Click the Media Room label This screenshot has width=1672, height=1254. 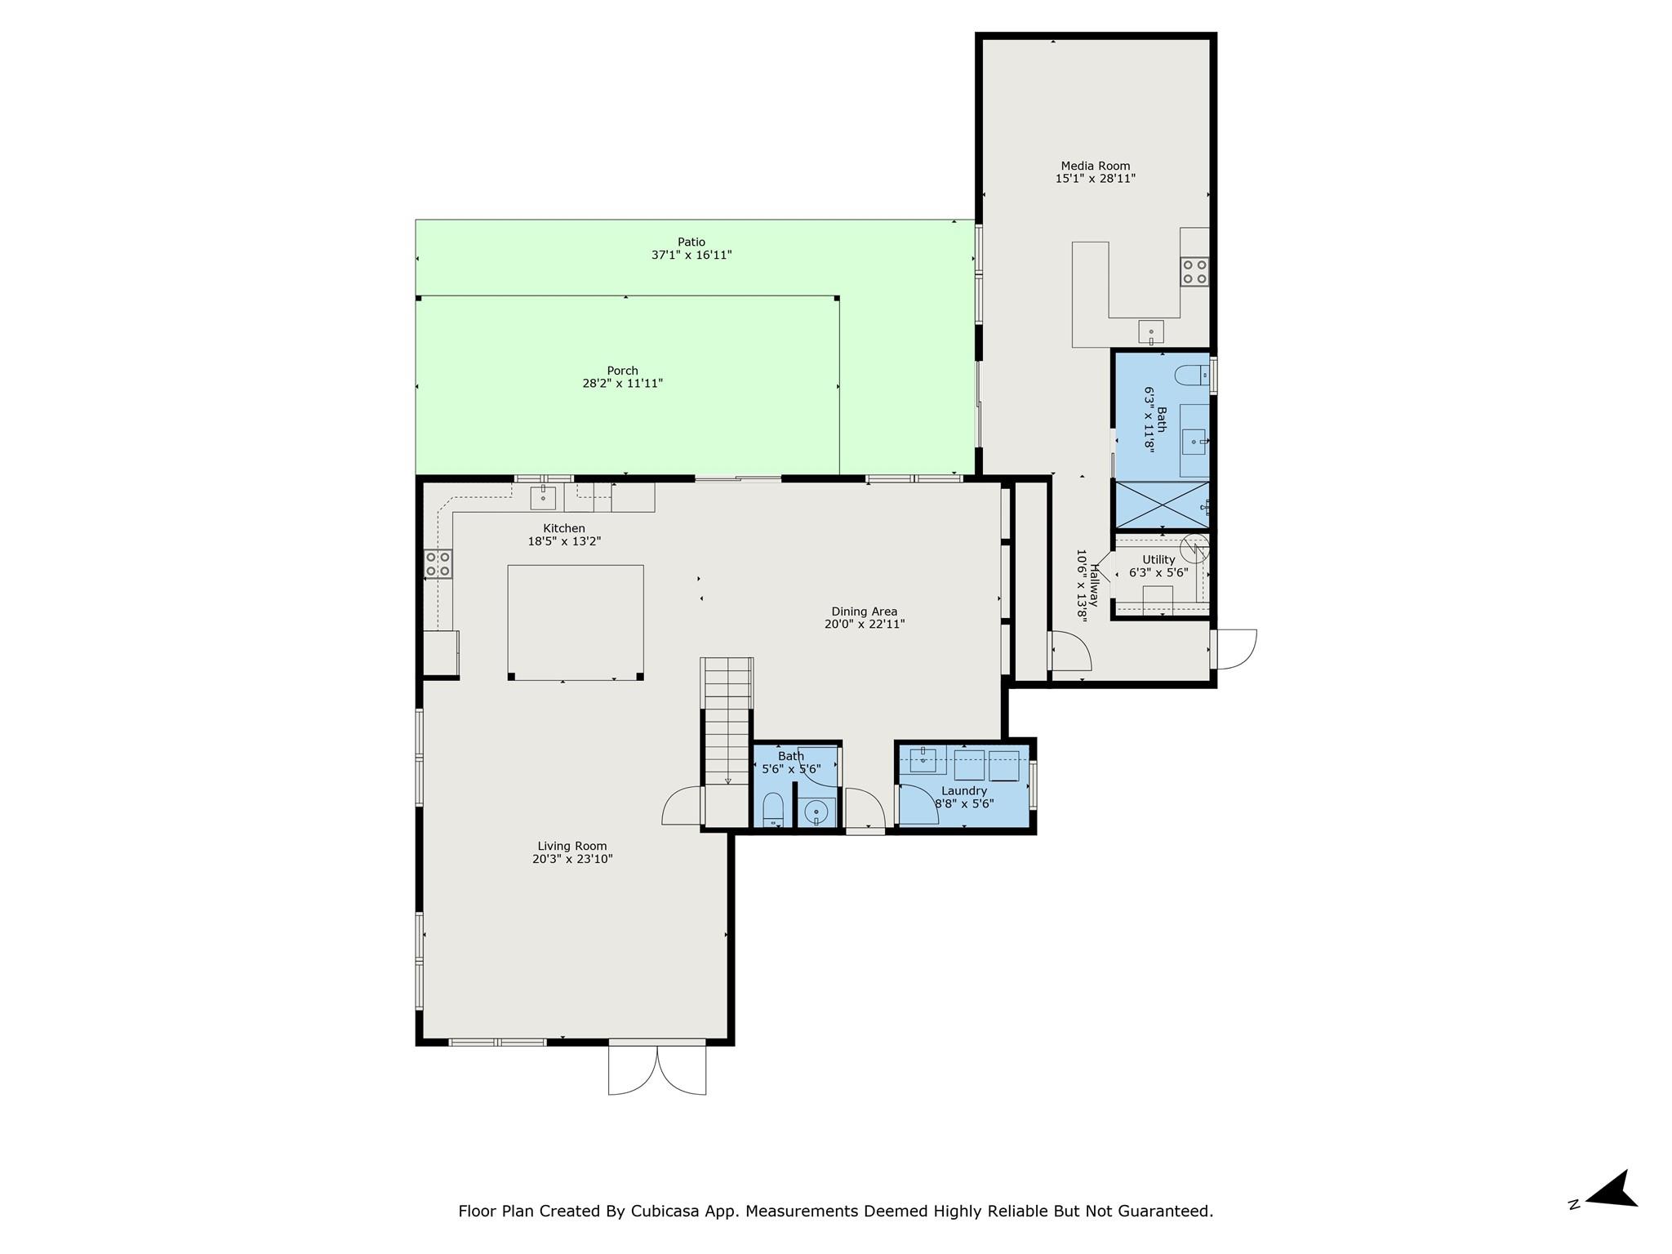point(1095,166)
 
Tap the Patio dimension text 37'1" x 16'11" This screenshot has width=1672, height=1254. point(691,256)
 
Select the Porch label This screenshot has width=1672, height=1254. point(622,371)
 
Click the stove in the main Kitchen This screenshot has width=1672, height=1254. point(438,564)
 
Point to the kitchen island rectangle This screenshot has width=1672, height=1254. point(575,621)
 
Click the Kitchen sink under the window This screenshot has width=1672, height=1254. point(543,496)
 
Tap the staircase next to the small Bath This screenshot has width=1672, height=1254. point(727,718)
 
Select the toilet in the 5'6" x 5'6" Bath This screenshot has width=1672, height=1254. point(772,811)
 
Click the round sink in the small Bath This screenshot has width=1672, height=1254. point(816,812)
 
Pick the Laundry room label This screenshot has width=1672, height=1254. point(964,791)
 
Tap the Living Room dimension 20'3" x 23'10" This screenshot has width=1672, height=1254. point(572,860)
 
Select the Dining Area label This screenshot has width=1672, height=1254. point(864,611)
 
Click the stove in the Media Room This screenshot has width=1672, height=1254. point(1194,271)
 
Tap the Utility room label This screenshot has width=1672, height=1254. point(1158,560)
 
